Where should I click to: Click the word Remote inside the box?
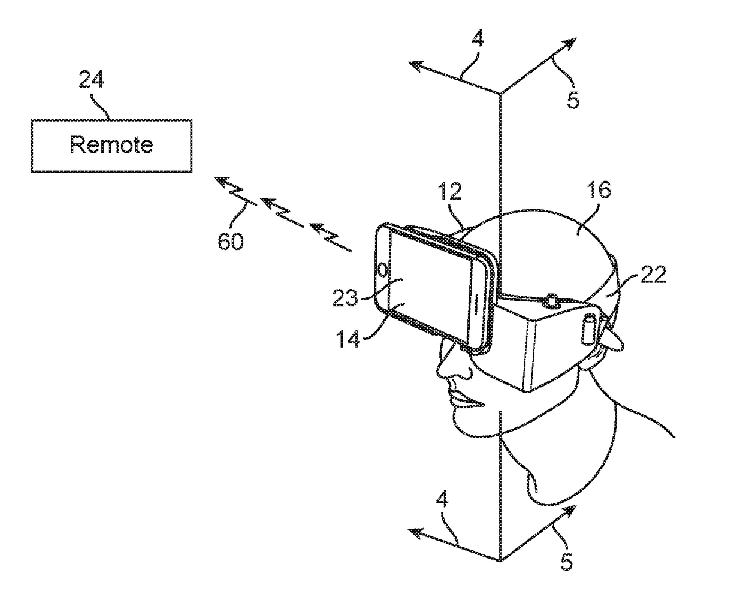pyautogui.click(x=111, y=145)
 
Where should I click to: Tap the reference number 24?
pyautogui.click(x=91, y=80)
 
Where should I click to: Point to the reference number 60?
pyautogui.click(x=231, y=242)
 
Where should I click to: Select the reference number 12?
pyautogui.click(x=449, y=192)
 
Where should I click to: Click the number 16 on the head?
pyautogui.click(x=599, y=190)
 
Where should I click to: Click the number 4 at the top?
pyautogui.click(x=478, y=40)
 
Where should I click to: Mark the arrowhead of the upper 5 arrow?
pyautogui.click(x=570, y=43)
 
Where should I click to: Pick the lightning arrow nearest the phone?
pyautogui.click(x=330, y=236)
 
